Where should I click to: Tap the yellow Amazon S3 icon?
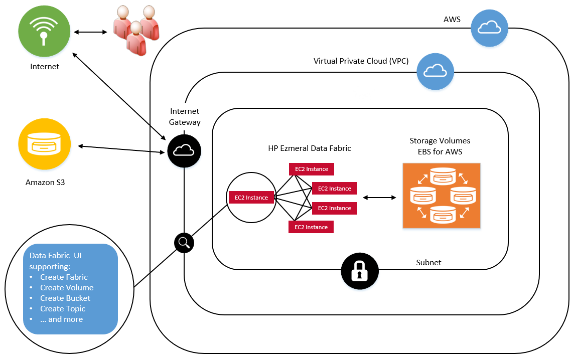pyautogui.click(x=45, y=144)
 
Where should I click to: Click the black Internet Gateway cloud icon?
pyautogui.click(x=184, y=150)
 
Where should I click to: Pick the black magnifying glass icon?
pyautogui.click(x=184, y=243)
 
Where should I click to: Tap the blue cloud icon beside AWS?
pyautogui.click(x=489, y=28)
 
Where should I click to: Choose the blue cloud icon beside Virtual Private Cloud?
pyautogui.click(x=435, y=71)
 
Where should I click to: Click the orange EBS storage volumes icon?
pyautogui.click(x=441, y=196)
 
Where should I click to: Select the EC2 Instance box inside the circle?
pyautogui.click(x=251, y=198)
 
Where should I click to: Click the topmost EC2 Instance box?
pyautogui.click(x=312, y=169)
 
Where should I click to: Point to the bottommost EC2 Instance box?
pyautogui.click(x=311, y=227)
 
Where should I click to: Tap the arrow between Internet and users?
pyautogui.click(x=91, y=32)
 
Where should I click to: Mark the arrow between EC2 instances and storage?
pyautogui.click(x=379, y=198)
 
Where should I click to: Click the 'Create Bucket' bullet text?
pyautogui.click(x=65, y=298)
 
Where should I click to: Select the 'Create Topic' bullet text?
pyautogui.click(x=63, y=308)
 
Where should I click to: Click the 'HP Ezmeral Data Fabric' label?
pyautogui.click(x=310, y=148)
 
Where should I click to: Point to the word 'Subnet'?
pyautogui.click(x=428, y=262)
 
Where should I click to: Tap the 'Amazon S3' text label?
pyautogui.click(x=45, y=183)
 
